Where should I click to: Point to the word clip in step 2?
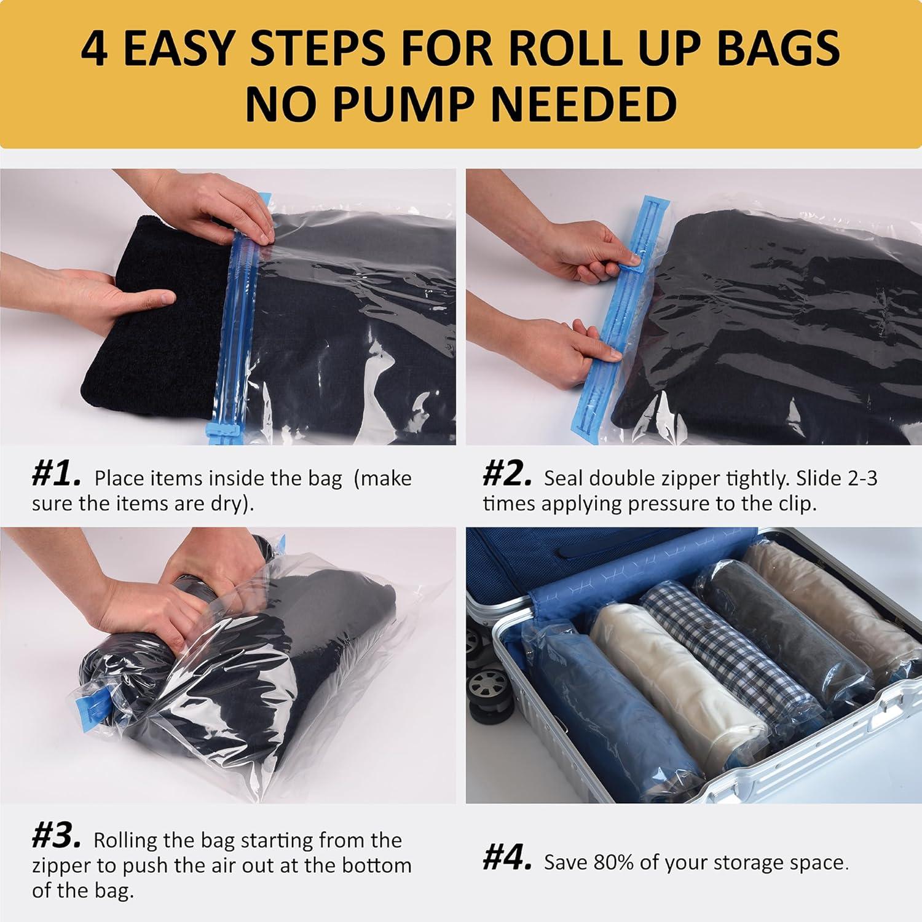[796, 504]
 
